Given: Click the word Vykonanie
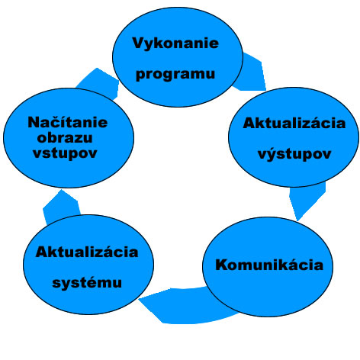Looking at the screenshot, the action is point(175,43).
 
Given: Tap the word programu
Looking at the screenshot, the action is point(175,74).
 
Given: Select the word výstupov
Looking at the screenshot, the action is point(294,154).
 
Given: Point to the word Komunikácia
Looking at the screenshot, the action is point(269,265).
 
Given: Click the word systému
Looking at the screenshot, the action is point(87,283).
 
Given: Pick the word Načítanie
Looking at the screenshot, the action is point(68,122).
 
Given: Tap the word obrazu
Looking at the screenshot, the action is point(65,138).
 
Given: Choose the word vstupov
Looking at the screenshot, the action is point(65,153).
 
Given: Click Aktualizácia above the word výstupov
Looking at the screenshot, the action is point(294,123).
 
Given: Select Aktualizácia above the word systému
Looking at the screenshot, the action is point(87,252).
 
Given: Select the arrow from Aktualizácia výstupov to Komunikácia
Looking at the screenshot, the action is point(307,201).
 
